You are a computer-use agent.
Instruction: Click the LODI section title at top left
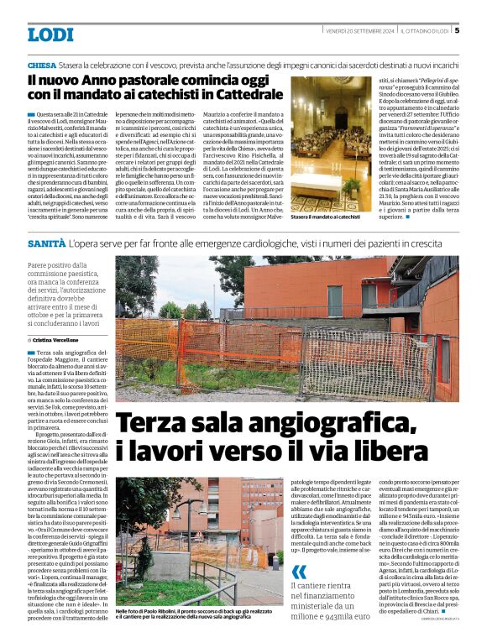[50, 34]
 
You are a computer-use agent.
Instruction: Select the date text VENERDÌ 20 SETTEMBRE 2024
[361, 30]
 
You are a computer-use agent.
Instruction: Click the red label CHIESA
[42, 65]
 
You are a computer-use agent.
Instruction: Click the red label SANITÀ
[45, 243]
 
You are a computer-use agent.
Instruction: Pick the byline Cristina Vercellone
[65, 337]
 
